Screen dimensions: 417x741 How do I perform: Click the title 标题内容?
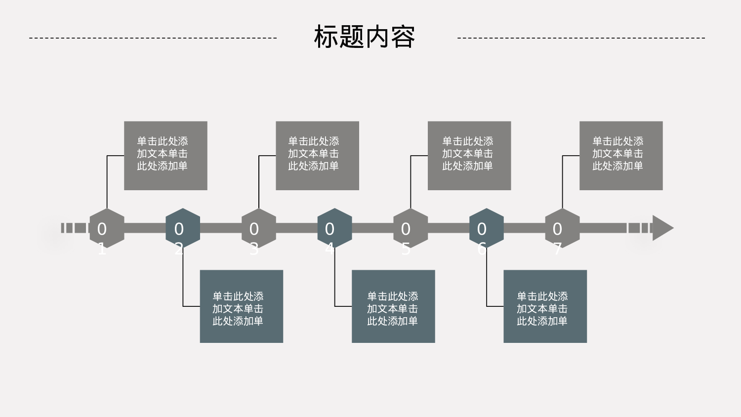[365, 37]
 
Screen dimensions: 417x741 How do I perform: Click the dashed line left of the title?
[153, 38]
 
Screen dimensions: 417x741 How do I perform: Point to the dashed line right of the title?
[581, 38]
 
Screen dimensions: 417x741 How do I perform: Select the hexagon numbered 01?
[107, 228]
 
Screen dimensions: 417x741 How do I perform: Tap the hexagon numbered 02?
[183, 228]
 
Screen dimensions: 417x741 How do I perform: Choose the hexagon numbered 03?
[259, 228]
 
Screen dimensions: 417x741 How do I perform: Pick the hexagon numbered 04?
[334, 228]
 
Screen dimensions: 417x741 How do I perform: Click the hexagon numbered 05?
[411, 228]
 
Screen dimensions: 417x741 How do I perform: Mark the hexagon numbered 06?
[487, 228]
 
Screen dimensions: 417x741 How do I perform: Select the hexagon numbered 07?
[562, 228]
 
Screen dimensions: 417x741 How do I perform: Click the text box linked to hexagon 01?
[165, 156]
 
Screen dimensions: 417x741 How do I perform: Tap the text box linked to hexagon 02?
[241, 306]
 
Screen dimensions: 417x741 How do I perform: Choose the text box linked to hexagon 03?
[317, 156]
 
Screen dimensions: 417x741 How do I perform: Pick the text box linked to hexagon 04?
[393, 306]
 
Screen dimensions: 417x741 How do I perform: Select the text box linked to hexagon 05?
[469, 156]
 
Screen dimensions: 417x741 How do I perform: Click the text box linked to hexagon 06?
[545, 306]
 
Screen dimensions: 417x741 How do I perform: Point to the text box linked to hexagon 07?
[621, 156]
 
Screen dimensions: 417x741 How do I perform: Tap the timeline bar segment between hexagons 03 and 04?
[296, 228]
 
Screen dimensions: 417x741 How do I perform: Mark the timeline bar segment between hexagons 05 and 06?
[449, 228]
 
